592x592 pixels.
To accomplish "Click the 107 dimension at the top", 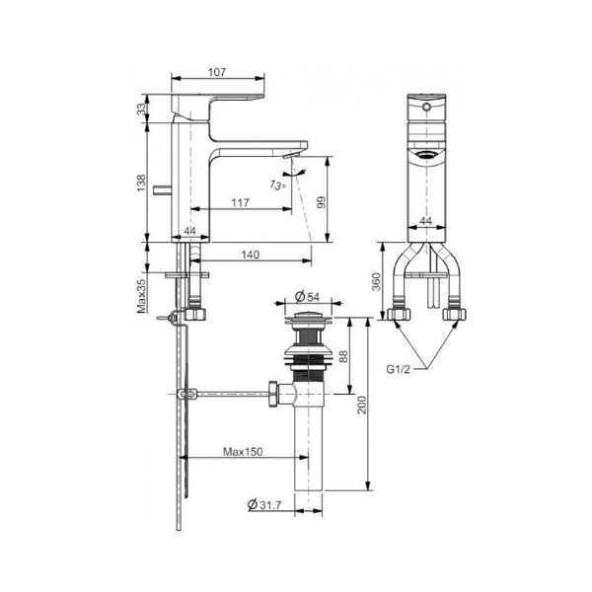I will pyautogui.click(x=218, y=72).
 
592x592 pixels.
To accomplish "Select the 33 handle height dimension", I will pyautogui.click(x=141, y=108).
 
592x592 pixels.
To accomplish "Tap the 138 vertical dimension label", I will pyautogui.click(x=141, y=185).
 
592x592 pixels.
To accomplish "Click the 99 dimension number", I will pyautogui.click(x=321, y=202).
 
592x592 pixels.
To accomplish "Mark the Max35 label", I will pyautogui.click(x=141, y=295).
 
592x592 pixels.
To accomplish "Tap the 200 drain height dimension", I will pyautogui.click(x=364, y=404).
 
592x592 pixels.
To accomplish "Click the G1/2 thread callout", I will pyautogui.click(x=398, y=369).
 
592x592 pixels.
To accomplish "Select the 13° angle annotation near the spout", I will pyautogui.click(x=279, y=184).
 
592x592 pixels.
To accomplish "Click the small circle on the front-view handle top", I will pyautogui.click(x=426, y=104).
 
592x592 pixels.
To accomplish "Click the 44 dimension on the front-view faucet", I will pyautogui.click(x=426, y=221).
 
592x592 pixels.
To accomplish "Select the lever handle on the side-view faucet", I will pyautogui.click(x=217, y=102).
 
